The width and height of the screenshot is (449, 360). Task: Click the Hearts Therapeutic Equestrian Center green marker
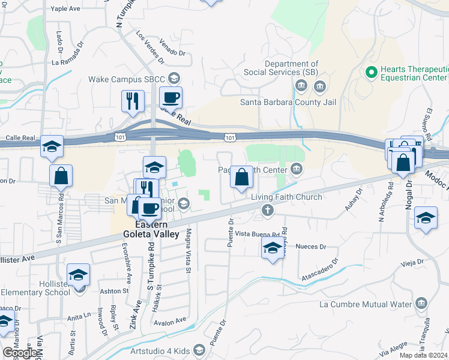[371, 73]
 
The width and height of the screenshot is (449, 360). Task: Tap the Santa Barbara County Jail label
[288, 101]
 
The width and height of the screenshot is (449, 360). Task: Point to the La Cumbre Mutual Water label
[366, 304]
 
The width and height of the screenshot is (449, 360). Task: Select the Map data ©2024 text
[424, 355]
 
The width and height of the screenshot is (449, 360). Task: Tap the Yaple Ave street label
[65, 9]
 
